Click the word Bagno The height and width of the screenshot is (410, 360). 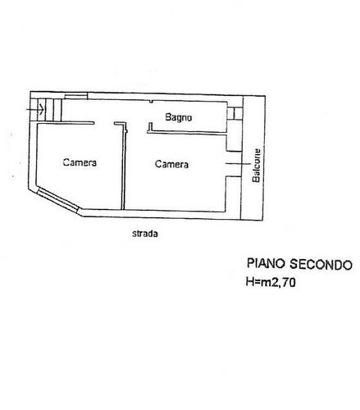(x=178, y=118)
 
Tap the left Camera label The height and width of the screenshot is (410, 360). (x=80, y=163)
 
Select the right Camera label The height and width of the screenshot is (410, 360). (x=172, y=164)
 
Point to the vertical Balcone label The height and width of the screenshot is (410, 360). (x=257, y=166)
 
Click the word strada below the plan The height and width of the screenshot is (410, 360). (x=145, y=233)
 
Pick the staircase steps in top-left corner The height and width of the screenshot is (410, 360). (x=51, y=107)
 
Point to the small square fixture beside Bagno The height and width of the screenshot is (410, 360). (x=235, y=112)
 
